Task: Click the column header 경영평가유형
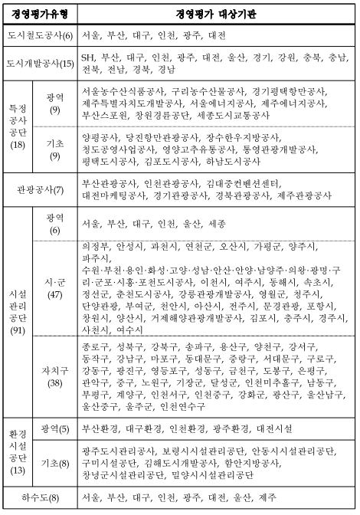(39, 13)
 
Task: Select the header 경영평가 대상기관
(214, 13)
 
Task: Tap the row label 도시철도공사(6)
(39, 35)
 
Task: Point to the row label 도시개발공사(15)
(39, 64)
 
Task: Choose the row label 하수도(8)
(39, 500)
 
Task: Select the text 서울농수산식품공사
(121, 92)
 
